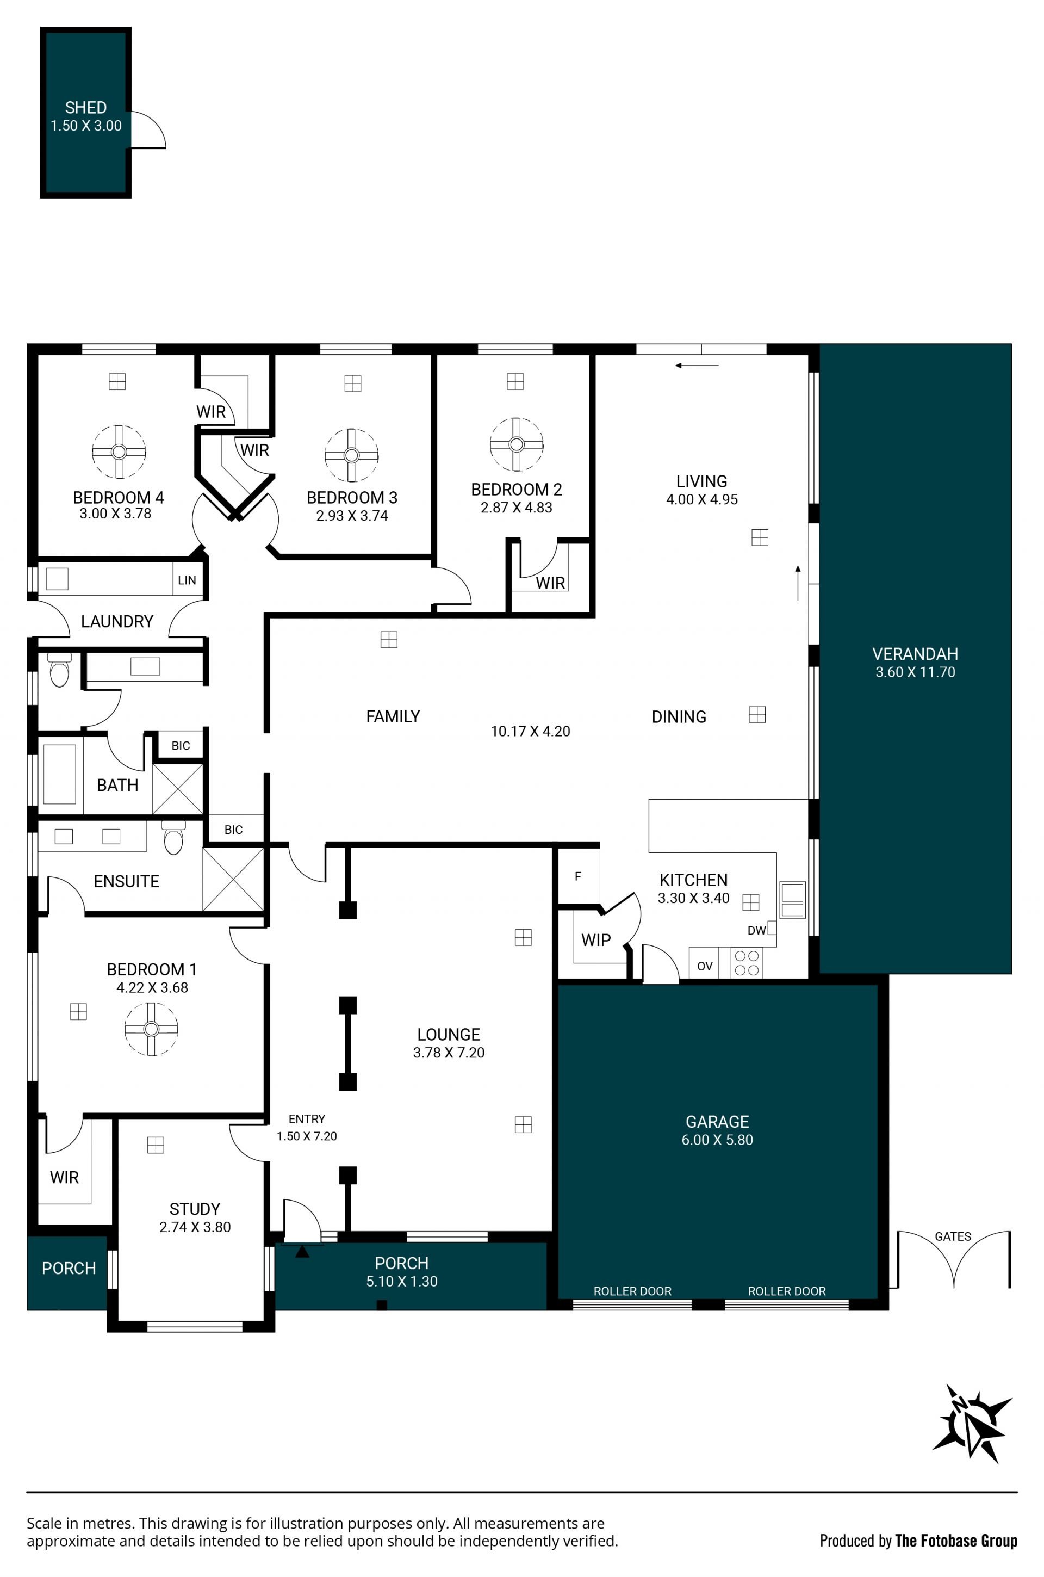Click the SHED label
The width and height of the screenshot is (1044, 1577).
click(86, 107)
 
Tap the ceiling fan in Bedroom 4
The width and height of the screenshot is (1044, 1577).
click(119, 452)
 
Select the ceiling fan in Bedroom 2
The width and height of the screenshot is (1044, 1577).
click(516, 444)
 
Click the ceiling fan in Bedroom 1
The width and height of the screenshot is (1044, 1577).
click(151, 1029)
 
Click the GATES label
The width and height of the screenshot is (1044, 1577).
click(953, 1236)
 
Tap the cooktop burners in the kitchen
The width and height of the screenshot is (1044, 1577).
click(747, 963)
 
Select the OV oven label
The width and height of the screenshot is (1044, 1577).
click(705, 966)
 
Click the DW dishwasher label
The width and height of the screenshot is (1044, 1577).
click(756, 930)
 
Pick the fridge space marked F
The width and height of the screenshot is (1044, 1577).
click(578, 876)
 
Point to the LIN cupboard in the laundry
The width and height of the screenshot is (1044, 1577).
click(187, 580)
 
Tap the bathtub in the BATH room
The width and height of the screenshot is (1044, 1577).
click(59, 775)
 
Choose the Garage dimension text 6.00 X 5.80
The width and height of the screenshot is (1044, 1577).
click(717, 1140)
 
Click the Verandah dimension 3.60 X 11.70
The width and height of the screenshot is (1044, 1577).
click(916, 672)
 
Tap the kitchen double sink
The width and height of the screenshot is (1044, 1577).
click(792, 900)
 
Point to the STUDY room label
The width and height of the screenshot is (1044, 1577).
click(195, 1209)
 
